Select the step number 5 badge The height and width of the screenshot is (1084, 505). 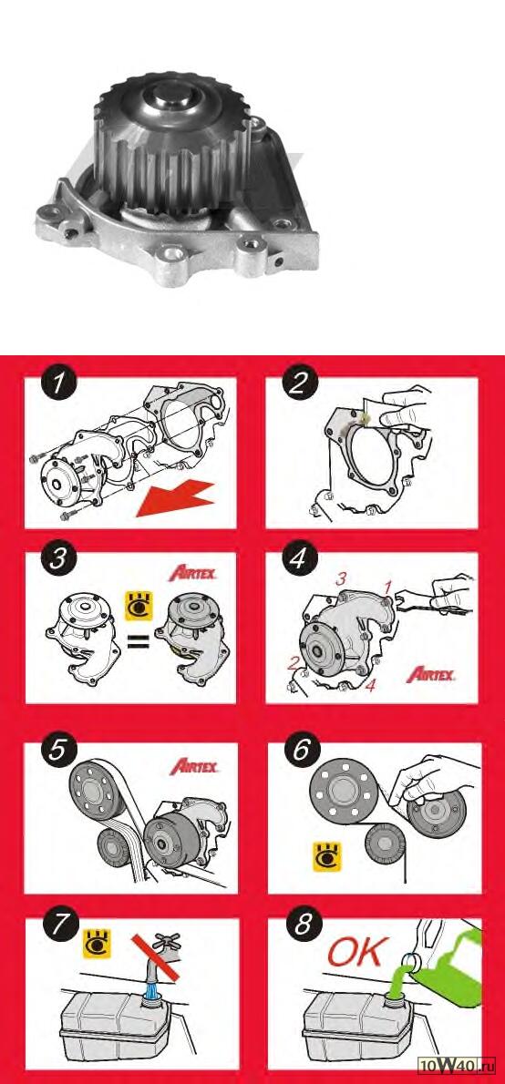pyautogui.click(x=56, y=750)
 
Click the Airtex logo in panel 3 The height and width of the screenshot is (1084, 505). pyautogui.click(x=193, y=573)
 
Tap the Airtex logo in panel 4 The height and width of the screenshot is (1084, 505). pyautogui.click(x=430, y=674)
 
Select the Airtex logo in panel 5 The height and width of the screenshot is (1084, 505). pyautogui.click(x=194, y=766)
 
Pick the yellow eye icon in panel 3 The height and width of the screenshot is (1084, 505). pyautogui.click(x=138, y=607)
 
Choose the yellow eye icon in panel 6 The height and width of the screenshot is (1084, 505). pyautogui.click(x=326, y=856)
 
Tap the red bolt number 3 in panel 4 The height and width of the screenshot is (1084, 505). pyautogui.click(x=340, y=580)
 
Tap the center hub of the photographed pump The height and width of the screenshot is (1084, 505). pyautogui.click(x=170, y=97)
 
